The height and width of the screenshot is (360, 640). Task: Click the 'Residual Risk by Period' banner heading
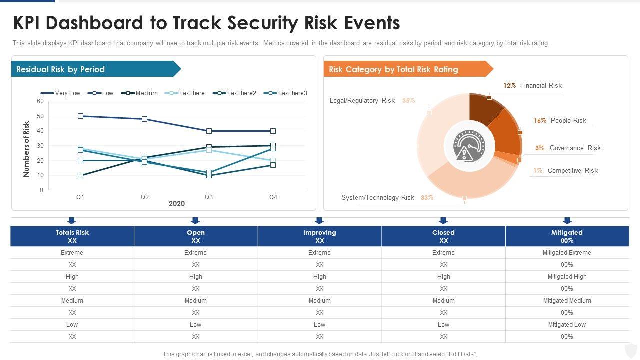61,69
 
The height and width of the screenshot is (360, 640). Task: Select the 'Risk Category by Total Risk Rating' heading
393,69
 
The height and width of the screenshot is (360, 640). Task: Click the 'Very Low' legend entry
67,93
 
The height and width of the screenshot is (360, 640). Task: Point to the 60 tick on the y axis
40,101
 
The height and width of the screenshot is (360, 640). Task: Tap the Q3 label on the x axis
209,197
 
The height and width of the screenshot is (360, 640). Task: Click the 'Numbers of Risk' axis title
27,149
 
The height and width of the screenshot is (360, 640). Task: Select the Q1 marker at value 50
80,116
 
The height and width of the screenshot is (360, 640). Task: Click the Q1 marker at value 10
80,175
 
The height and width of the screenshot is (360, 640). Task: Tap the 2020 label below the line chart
177,204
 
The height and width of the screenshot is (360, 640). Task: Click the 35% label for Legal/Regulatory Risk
408,100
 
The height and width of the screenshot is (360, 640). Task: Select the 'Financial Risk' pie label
541,85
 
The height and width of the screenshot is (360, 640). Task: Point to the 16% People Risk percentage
540,120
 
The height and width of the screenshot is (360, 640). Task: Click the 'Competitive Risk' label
572,170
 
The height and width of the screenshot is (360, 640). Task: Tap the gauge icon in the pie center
469,146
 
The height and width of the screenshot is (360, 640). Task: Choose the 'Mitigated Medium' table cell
567,301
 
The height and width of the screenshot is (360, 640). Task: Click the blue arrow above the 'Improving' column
319,220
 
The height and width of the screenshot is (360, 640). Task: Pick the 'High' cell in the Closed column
443,277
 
